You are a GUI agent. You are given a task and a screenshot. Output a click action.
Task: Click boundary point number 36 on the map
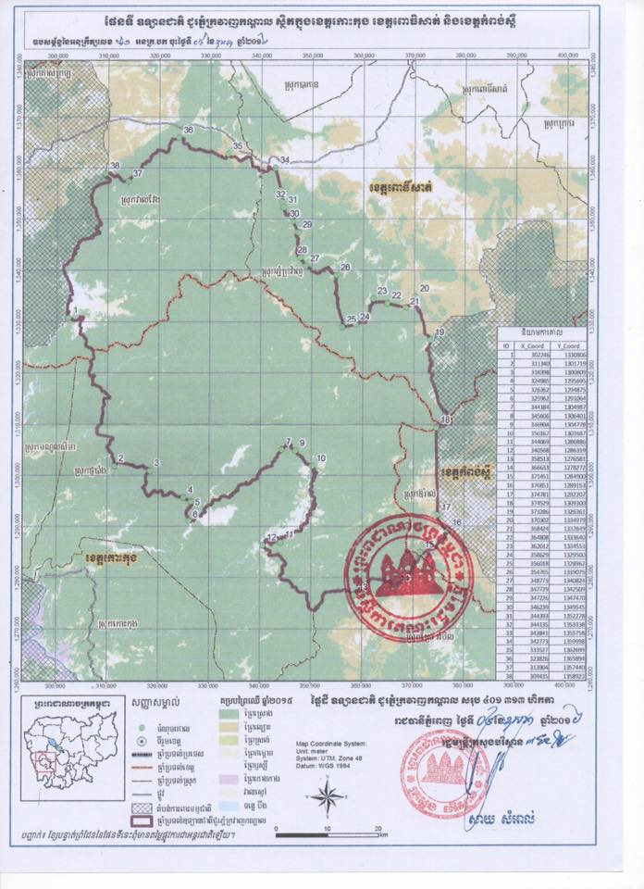[189, 131]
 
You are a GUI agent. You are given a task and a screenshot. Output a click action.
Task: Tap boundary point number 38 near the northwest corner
[116, 167]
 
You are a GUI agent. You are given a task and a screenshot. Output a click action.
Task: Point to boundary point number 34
[284, 161]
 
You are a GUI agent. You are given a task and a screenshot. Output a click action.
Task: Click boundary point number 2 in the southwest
[120, 459]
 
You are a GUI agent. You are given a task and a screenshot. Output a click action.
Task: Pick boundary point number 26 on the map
[345, 268]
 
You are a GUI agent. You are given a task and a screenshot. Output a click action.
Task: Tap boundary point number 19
[440, 332]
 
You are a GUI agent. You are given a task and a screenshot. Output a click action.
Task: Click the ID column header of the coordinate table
[506, 345]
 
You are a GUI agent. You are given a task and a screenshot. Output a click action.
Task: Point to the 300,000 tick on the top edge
[57, 56]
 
